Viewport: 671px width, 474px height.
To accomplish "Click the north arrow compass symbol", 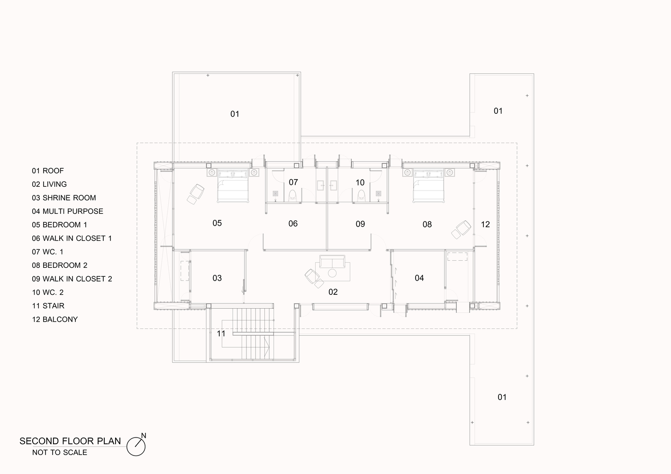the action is (136, 446).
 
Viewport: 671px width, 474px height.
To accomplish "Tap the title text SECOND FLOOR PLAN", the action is (70, 441).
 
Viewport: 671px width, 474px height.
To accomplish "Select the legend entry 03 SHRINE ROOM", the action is (64, 198).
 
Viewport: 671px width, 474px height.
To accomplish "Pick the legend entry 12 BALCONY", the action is (55, 319).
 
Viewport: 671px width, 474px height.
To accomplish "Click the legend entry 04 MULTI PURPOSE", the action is (67, 211).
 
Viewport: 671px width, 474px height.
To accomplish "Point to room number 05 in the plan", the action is (217, 223).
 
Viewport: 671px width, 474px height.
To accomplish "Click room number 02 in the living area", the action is (333, 292).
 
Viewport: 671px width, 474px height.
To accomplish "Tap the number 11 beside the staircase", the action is (221, 334).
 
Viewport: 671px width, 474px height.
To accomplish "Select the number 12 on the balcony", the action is (485, 224).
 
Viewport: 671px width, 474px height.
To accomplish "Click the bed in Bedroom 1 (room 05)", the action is (233, 186).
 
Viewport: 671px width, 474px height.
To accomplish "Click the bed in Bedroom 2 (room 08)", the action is (428, 186).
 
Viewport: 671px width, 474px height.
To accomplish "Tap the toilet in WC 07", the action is (292, 196).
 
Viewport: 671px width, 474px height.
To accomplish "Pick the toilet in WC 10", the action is (362, 196).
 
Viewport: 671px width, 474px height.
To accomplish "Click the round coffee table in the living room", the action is (332, 273).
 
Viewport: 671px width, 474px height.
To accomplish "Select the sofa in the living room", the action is (332, 261).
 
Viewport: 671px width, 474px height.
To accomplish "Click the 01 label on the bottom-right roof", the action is (502, 397).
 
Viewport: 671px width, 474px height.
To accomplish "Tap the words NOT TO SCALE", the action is (60, 452).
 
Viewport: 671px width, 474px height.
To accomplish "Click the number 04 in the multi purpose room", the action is (419, 278).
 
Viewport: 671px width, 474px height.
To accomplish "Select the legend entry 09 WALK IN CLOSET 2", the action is (72, 279).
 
